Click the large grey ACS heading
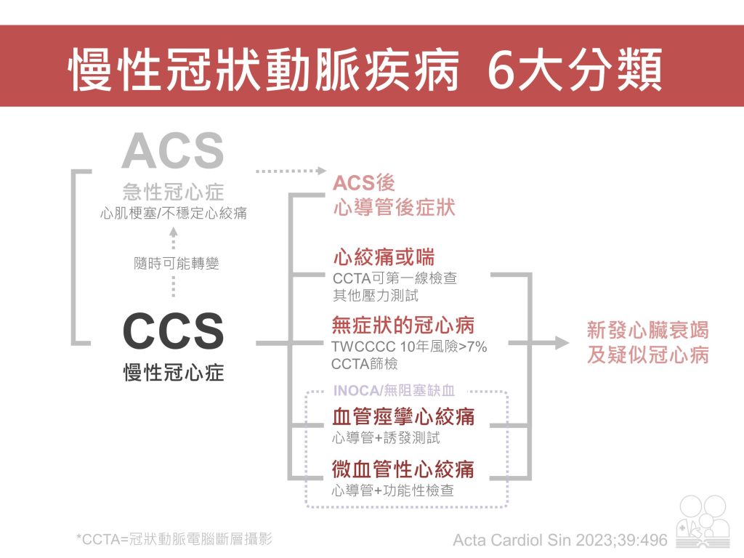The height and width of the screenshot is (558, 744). tap(173, 151)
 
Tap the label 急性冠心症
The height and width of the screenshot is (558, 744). tap(173, 193)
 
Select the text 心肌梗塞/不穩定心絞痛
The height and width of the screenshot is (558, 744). tap(173, 214)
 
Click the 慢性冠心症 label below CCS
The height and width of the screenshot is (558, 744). tap(173, 373)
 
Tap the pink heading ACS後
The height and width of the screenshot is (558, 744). tap(364, 182)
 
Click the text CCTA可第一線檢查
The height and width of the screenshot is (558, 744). tap(395, 279)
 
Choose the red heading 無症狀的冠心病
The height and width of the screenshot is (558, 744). tap(403, 325)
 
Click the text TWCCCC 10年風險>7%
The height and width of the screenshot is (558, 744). tap(408, 347)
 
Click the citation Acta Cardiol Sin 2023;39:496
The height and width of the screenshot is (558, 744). tap(559, 540)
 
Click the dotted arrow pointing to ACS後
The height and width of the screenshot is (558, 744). tap(291, 171)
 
